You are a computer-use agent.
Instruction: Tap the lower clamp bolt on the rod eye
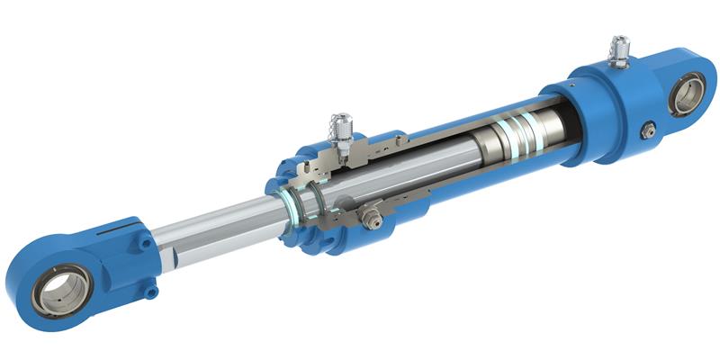[x=151, y=291]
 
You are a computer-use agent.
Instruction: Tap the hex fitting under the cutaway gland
[x=368, y=216]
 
